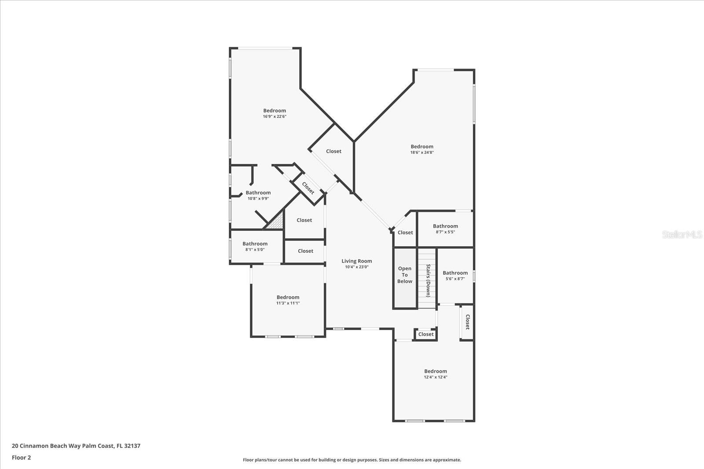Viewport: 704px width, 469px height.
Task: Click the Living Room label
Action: point(356,261)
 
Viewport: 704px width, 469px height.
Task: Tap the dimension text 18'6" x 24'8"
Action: point(422,153)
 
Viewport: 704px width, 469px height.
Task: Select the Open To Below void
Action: point(405,275)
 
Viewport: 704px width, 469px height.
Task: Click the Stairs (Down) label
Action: point(428,280)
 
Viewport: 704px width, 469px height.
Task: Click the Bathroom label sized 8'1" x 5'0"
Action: point(255,244)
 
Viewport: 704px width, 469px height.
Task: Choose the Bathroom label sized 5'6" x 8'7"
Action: point(455,273)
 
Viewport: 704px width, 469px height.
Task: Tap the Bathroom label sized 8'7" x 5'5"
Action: point(445,226)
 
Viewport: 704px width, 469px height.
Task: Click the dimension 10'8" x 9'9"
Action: point(258,199)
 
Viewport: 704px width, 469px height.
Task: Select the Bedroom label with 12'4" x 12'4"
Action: point(435,371)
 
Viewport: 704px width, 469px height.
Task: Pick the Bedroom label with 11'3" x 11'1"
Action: point(288,298)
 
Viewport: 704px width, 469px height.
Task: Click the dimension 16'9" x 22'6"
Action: point(275,116)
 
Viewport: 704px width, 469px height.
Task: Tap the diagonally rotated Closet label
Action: point(308,188)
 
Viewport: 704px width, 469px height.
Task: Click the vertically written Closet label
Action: point(467,322)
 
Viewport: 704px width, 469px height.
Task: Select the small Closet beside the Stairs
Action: point(425,334)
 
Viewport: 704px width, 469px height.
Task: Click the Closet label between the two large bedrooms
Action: point(334,151)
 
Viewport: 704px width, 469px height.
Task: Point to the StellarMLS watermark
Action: point(682,235)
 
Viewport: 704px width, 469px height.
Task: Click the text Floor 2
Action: point(21,458)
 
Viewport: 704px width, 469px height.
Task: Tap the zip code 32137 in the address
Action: point(132,446)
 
